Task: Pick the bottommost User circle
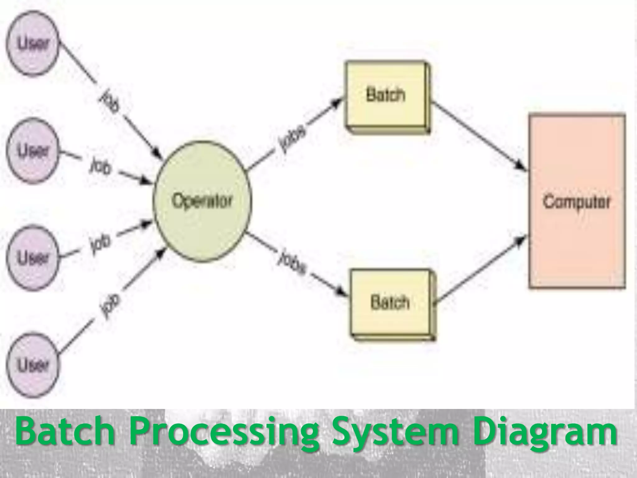pos(33,364)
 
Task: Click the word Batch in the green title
pos(66,432)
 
